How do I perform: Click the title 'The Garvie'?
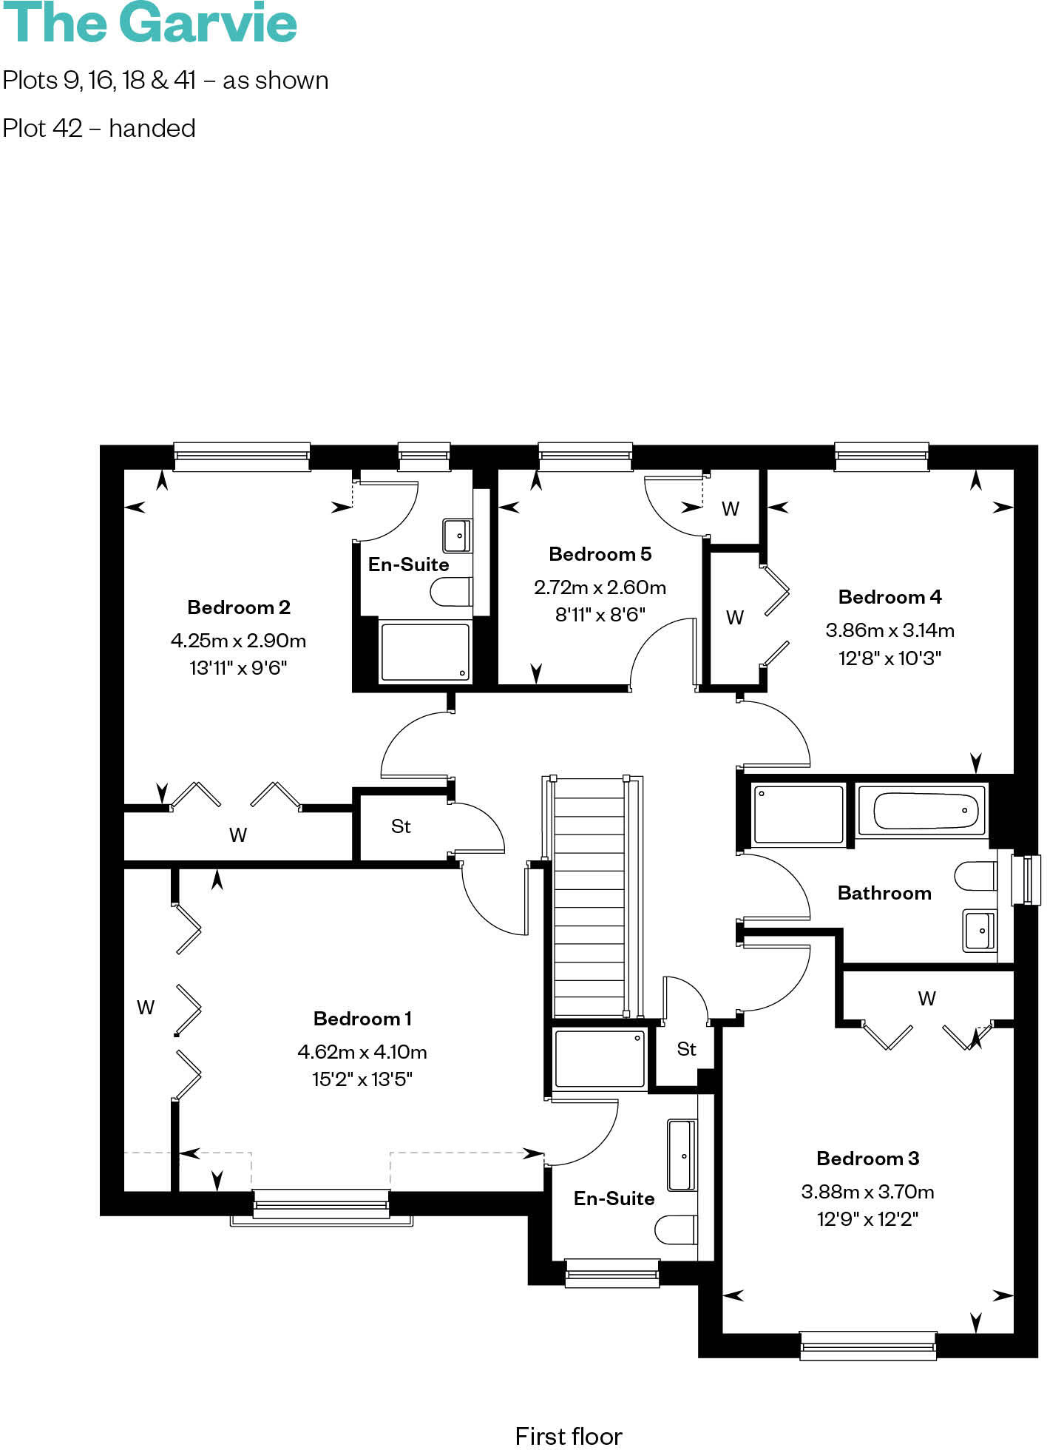tap(149, 24)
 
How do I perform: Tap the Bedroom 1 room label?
tap(362, 1019)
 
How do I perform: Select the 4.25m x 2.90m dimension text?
tap(238, 641)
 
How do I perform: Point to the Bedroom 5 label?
tap(600, 554)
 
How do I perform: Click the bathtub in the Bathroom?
tap(921, 811)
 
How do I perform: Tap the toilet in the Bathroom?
tap(975, 876)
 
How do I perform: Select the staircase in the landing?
tap(589, 897)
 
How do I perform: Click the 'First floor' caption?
tap(569, 1436)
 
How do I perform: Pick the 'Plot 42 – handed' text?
tap(99, 129)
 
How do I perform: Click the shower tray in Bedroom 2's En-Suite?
tap(424, 652)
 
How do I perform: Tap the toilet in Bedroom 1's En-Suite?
tap(675, 1230)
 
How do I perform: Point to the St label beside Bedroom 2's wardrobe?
tap(401, 826)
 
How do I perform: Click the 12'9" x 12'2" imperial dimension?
tap(867, 1219)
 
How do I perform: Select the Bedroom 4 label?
tap(890, 597)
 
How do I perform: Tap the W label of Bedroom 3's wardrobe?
tap(926, 999)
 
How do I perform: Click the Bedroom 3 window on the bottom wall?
tap(868, 1344)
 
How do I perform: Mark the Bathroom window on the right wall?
tap(1026, 880)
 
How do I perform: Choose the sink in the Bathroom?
tap(980, 930)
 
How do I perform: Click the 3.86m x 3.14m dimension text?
tap(890, 630)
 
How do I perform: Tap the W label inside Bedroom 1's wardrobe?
tap(146, 1008)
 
